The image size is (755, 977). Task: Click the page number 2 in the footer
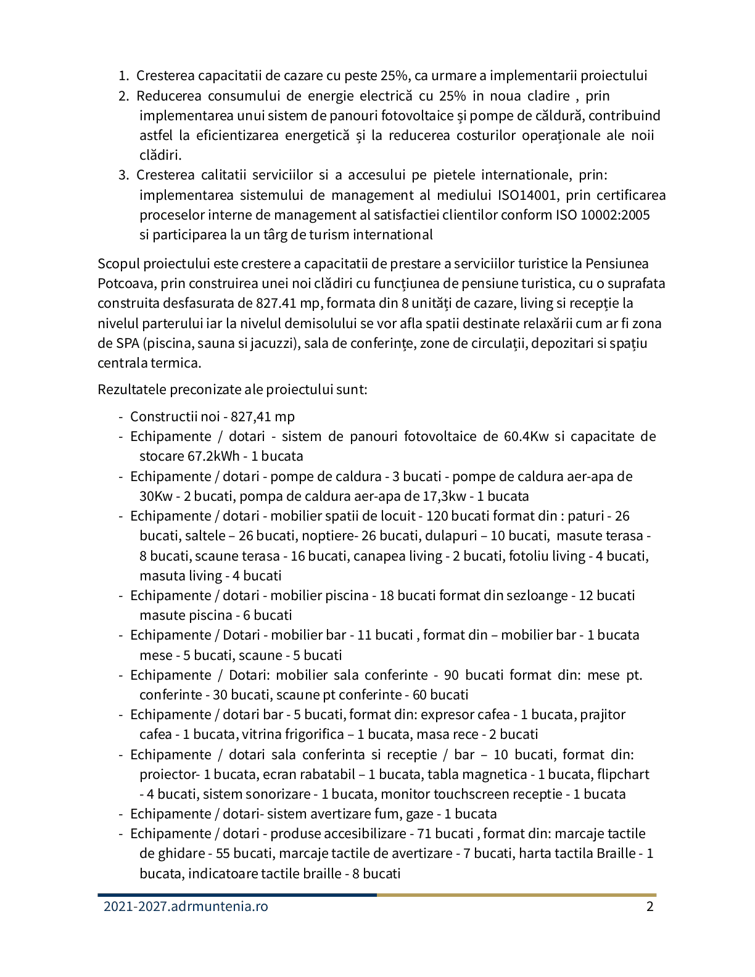pos(650,907)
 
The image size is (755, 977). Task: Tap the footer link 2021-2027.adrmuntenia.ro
pos(186,907)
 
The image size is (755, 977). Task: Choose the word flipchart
pos(623,775)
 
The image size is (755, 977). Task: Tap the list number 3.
pos(122,175)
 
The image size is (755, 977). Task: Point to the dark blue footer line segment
pos(237,894)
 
